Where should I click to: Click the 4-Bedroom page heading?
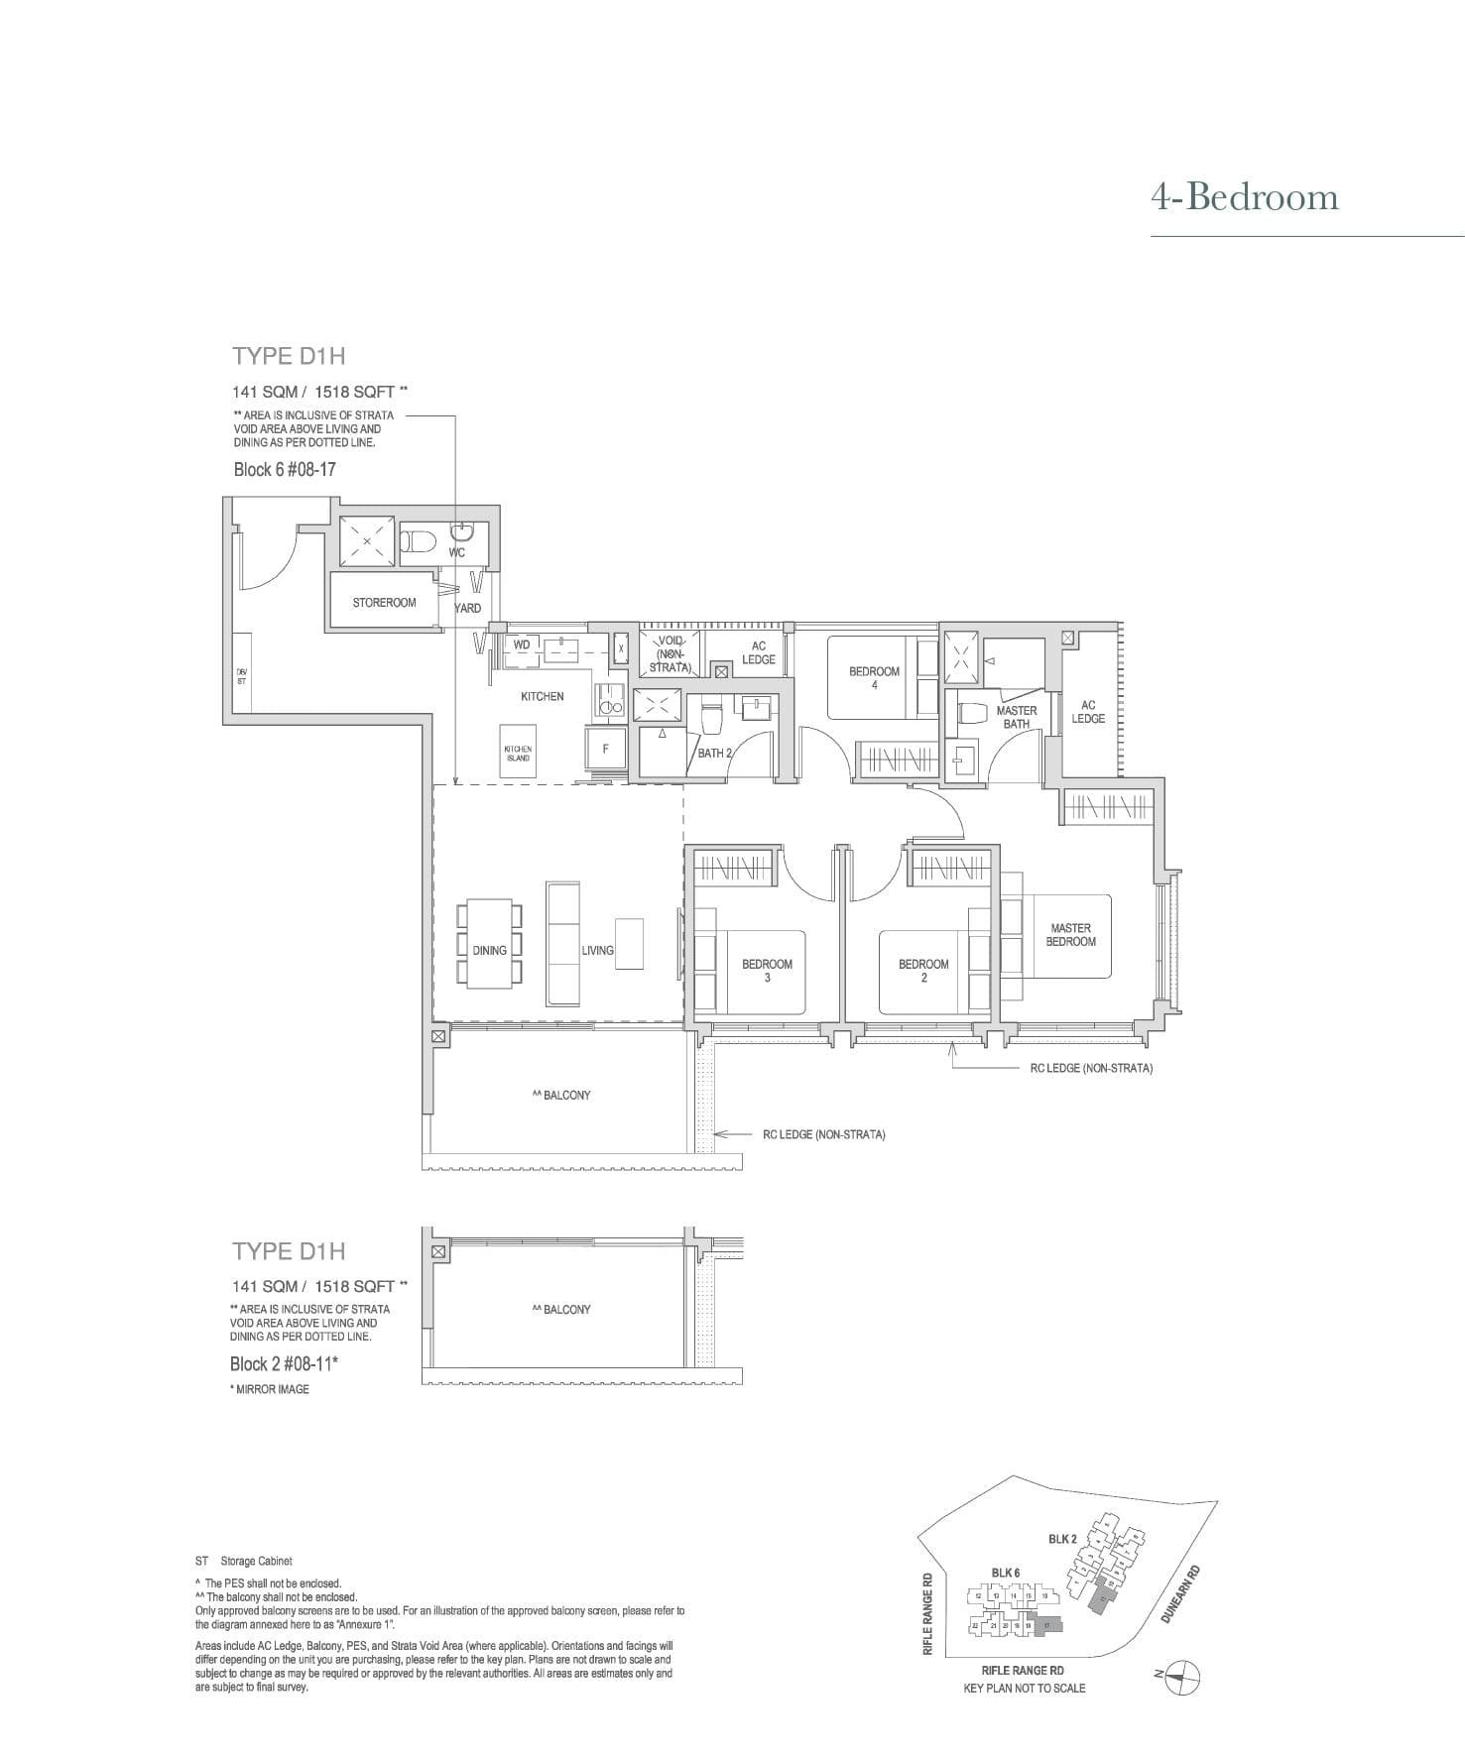pyautogui.click(x=1244, y=197)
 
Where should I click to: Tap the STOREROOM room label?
pyautogui.click(x=384, y=603)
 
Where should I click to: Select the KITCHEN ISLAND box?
pyautogui.click(x=517, y=754)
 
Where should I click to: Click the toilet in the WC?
pyautogui.click(x=419, y=541)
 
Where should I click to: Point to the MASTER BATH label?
pyautogui.click(x=1017, y=717)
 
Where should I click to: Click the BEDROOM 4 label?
pyautogui.click(x=874, y=677)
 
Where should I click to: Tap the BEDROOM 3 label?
pyautogui.click(x=767, y=970)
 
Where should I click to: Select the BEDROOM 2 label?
pyautogui.click(x=923, y=970)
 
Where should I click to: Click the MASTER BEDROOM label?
pyautogui.click(x=1070, y=935)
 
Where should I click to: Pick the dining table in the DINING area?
pyautogui.click(x=489, y=942)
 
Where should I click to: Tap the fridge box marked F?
pyautogui.click(x=605, y=750)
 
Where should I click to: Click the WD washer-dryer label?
pyautogui.click(x=522, y=644)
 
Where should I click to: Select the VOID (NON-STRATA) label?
pyautogui.click(x=671, y=654)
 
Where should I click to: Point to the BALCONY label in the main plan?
pyautogui.click(x=561, y=1095)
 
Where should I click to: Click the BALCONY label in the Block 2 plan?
pyautogui.click(x=561, y=1309)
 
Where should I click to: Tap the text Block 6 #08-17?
pyautogui.click(x=285, y=469)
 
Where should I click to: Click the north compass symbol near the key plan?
pyautogui.click(x=1182, y=1675)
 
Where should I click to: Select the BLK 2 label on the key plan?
pyautogui.click(x=1061, y=1539)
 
